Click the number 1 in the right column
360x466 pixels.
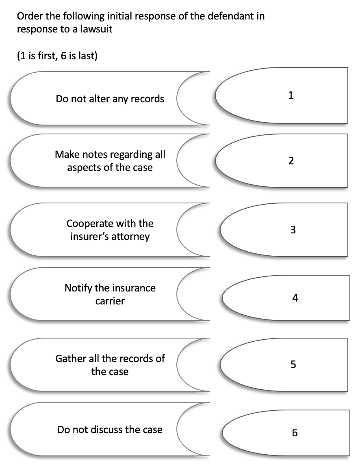pyautogui.click(x=291, y=96)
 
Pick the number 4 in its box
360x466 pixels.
pyautogui.click(x=295, y=298)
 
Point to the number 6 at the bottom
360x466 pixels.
pyautogui.click(x=295, y=433)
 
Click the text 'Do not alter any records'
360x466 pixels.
pyautogui.click(x=110, y=99)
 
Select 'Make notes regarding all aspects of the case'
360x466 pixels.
pyautogui.click(x=110, y=161)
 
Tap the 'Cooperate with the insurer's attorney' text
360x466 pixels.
pyautogui.click(x=110, y=230)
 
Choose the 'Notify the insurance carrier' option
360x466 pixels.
pyautogui.click(x=110, y=294)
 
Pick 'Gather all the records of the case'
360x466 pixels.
pyautogui.click(x=110, y=365)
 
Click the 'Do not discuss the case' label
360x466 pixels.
pyautogui.click(x=110, y=429)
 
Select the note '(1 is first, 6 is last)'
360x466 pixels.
pyautogui.click(x=56, y=56)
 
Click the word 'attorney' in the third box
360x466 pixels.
pyautogui.click(x=130, y=236)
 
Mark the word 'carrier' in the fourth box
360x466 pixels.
pyautogui.click(x=110, y=301)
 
